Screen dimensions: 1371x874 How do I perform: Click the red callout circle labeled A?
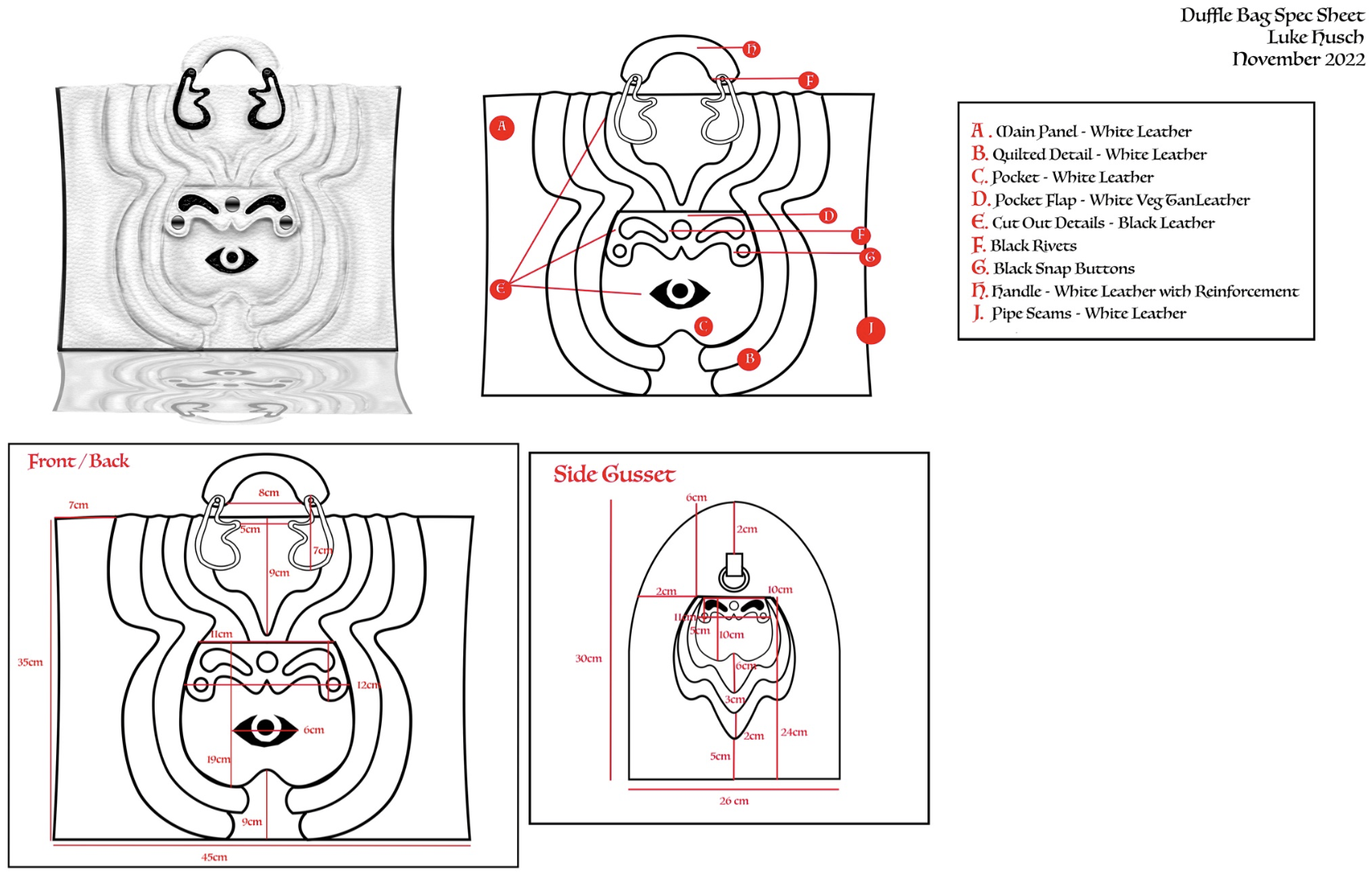click(x=502, y=127)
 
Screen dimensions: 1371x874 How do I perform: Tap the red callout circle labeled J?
click(x=870, y=330)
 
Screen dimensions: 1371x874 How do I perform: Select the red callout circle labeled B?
click(x=749, y=359)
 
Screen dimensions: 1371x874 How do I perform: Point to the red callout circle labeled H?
click(x=751, y=50)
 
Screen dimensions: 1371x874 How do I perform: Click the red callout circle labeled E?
click(x=501, y=289)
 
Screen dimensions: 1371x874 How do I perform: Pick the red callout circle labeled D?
click(x=828, y=216)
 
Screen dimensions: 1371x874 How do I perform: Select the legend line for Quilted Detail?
click(x=1088, y=155)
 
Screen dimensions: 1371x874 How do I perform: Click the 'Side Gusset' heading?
click(x=614, y=474)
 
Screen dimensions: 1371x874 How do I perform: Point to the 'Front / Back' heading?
click(x=78, y=461)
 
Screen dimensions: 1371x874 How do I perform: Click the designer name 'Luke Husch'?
click(x=1315, y=37)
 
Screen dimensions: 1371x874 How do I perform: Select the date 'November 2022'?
click(x=1299, y=59)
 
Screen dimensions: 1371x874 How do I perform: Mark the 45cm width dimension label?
click(x=214, y=857)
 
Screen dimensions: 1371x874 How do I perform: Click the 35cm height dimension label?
click(x=30, y=662)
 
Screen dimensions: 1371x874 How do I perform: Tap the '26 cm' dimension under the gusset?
click(x=734, y=801)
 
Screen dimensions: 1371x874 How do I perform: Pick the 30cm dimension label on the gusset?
click(x=588, y=658)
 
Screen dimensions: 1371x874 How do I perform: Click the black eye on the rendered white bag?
click(x=232, y=259)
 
